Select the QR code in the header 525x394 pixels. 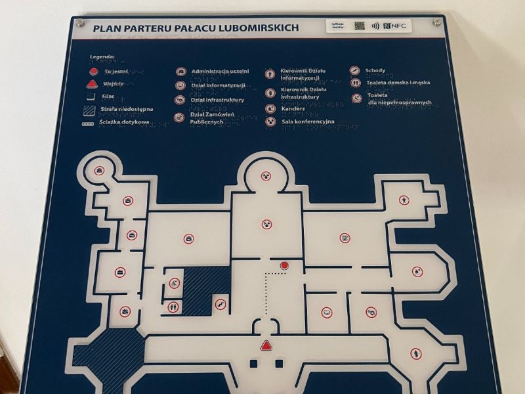point(359,26)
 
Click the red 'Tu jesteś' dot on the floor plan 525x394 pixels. point(284,265)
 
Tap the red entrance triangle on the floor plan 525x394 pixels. point(266,345)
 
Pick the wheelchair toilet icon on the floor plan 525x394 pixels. point(173,284)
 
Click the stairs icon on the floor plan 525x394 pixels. point(219,304)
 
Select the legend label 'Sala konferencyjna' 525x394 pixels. point(308,121)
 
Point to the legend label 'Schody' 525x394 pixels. point(375,70)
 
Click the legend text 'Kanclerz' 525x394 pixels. point(294,109)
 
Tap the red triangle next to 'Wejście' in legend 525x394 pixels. point(93,84)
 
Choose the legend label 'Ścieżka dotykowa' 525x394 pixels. point(124,122)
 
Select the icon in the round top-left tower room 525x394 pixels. point(98,171)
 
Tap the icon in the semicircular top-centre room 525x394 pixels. point(266,176)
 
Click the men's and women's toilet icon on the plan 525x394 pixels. point(173,306)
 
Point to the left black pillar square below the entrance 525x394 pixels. point(253,362)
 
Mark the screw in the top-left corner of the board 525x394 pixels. point(80,23)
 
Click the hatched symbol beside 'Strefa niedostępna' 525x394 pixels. point(92,110)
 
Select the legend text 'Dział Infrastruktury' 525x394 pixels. point(218,100)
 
